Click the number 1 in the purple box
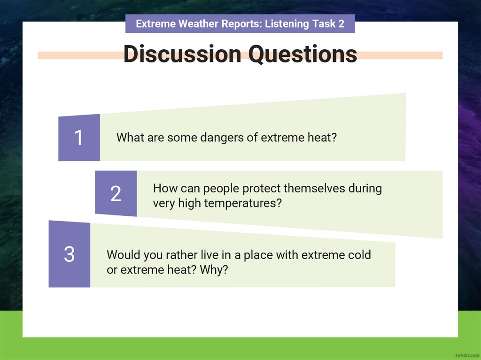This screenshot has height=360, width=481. point(78,138)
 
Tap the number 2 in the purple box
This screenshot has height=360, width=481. point(116,194)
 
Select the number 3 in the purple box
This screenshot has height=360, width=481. point(69,254)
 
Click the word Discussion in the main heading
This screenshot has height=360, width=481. point(182,54)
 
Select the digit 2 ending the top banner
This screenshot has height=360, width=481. point(341,24)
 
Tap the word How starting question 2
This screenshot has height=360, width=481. point(163,189)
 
